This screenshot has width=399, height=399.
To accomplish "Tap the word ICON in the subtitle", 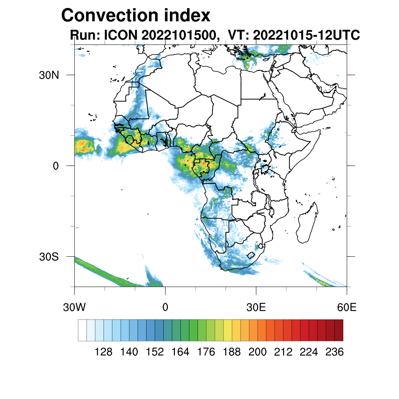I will click(120, 35).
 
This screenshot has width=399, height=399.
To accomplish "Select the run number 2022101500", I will click(179, 35).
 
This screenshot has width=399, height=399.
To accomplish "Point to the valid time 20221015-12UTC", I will click(306, 35).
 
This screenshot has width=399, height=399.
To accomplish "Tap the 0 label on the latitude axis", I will click(56, 166).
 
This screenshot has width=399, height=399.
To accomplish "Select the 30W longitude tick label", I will click(74, 308).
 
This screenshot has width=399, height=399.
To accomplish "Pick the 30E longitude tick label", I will click(256, 308).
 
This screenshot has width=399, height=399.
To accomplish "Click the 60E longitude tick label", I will click(347, 308).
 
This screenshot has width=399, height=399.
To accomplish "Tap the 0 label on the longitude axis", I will click(165, 308).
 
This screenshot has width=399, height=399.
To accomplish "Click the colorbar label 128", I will click(104, 352).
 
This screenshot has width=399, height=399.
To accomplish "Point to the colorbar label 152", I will click(155, 352).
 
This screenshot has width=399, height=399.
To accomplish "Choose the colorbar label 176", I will click(206, 352).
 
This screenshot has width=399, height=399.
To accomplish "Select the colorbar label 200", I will click(258, 352).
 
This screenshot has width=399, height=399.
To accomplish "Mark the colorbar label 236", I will click(334, 352).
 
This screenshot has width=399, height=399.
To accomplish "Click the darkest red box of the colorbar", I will click(339, 330).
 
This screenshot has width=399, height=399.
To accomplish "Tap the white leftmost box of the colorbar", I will click(82, 330).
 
